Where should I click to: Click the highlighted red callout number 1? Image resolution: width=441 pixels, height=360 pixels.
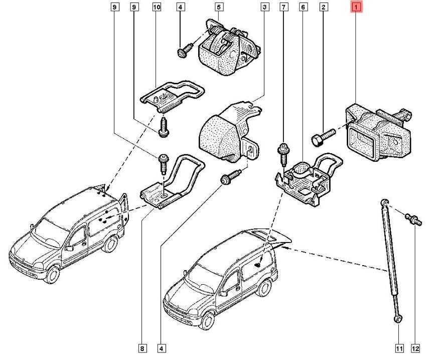coord(357,8)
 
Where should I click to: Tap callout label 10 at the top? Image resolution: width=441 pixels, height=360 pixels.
coord(156,8)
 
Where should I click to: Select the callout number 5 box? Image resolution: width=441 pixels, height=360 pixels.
coord(219,8)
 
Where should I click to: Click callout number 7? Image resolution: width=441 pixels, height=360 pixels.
coord(284,8)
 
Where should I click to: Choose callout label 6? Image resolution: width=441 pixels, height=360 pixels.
coord(303,8)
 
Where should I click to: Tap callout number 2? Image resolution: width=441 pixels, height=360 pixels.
coord(324,8)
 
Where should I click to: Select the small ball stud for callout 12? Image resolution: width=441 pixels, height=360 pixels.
coord(413,219)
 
